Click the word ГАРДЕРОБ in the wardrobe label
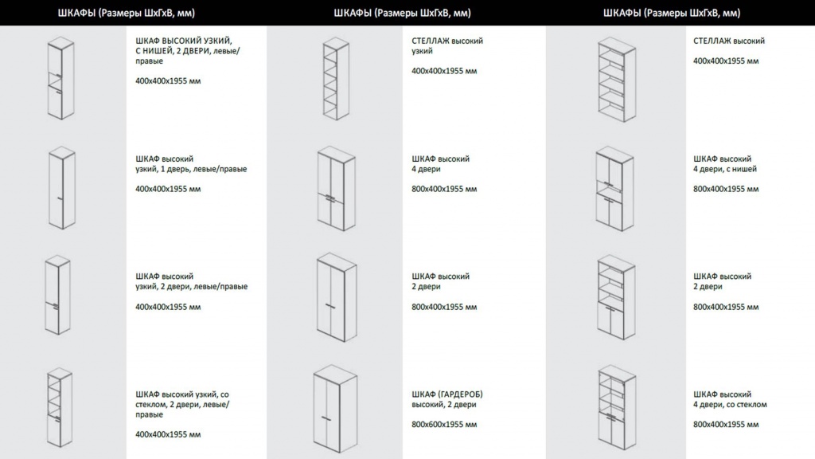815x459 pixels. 462,394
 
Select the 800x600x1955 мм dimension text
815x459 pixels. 444,425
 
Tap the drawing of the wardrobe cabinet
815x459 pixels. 336,409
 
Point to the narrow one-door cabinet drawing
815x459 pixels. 62,188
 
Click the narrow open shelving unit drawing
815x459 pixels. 336,79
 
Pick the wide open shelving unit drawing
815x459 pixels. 617,80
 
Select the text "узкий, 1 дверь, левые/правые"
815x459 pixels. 191,169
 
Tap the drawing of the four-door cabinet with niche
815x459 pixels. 615,189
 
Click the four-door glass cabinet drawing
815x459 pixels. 617,408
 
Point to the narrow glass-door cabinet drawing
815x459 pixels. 59,408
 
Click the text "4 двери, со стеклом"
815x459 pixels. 730,404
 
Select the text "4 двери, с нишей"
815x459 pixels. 725,169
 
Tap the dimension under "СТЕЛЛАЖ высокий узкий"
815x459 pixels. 444,71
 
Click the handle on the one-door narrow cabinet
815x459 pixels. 60,198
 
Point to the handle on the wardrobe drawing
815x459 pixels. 326,418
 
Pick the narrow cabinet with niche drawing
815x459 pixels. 60,79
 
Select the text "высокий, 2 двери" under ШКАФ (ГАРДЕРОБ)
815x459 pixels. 444,404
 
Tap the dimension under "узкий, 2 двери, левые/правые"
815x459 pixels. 168,307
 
